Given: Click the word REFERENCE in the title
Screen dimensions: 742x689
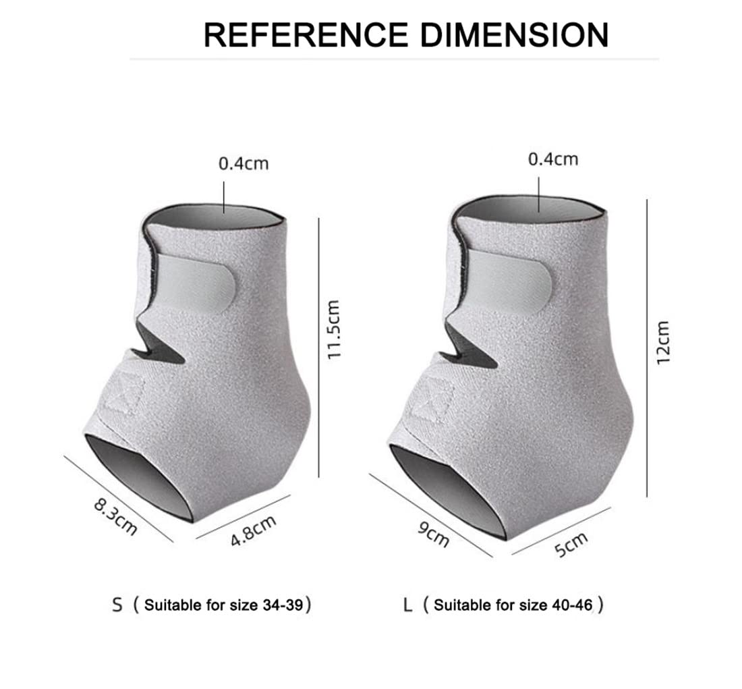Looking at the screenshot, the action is [306, 34].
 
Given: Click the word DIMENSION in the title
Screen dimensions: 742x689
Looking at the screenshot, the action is [515, 34].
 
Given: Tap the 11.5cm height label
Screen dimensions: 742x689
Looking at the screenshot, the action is [334, 329].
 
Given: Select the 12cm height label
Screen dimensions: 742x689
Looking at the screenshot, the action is [664, 342].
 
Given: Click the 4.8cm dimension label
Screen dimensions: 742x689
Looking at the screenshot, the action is [253, 530].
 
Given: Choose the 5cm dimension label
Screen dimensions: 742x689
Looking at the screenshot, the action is [571, 545].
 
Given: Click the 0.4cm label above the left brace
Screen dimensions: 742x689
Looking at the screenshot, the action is [244, 164].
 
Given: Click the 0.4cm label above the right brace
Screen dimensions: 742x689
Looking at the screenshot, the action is [553, 159].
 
